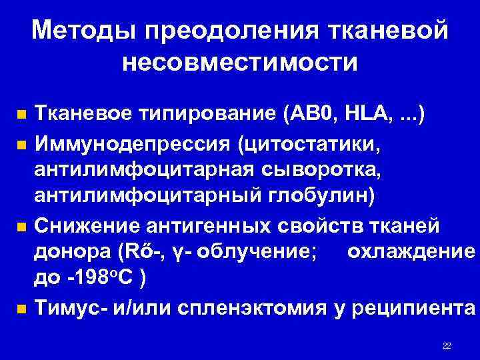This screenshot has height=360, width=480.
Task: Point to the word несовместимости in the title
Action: point(240,63)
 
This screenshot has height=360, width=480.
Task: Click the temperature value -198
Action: point(91,281)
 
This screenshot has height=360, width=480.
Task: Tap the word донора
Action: point(71,253)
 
